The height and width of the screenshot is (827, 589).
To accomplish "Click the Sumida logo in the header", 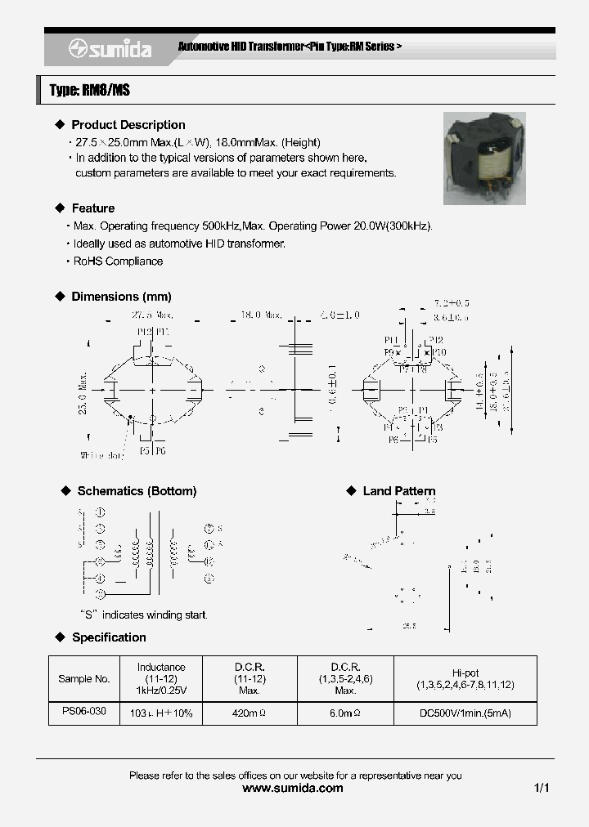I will point(109,50).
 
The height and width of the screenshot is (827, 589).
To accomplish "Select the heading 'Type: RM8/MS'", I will point(90,91).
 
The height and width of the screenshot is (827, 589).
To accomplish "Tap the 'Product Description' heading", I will point(128,125).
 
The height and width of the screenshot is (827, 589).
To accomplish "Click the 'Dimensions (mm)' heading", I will point(121,297).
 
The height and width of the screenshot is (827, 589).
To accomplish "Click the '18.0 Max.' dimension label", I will point(261,315).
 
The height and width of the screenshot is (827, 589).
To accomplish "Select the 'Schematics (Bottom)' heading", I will point(137,491).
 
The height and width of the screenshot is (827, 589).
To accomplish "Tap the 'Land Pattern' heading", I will point(399,491).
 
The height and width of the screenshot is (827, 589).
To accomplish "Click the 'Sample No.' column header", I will point(84,679).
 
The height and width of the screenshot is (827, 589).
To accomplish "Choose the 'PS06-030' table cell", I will point(84,712).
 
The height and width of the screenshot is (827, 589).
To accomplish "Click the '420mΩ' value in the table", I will point(249,713).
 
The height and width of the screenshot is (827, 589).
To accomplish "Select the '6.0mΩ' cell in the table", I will point(345,713).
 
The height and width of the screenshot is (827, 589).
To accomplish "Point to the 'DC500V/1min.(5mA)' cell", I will point(465,713).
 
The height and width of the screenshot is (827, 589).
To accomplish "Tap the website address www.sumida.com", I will point(294,789).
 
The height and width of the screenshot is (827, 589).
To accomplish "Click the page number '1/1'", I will point(541,789).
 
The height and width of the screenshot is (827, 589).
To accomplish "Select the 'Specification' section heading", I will point(109,637).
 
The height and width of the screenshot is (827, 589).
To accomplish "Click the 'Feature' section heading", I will point(92,208).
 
